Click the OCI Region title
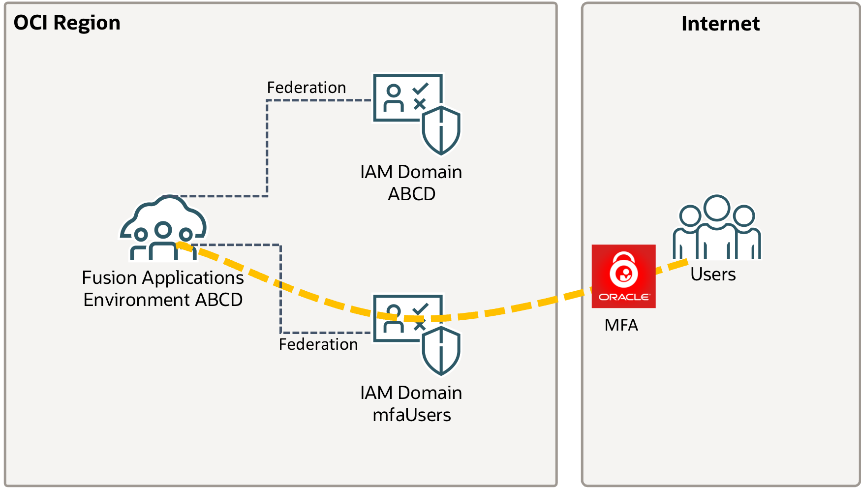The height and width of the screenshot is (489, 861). click(x=67, y=23)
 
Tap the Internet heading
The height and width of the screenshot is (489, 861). click(x=720, y=24)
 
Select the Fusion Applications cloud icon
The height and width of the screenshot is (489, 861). click(x=163, y=228)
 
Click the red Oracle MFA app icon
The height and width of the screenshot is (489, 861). click(x=623, y=276)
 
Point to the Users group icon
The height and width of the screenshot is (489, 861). click(x=717, y=227)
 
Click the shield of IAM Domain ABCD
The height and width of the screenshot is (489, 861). click(x=441, y=130)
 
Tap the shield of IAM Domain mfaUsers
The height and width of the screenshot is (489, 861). click(x=441, y=351)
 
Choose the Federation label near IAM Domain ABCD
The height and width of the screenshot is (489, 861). click(x=307, y=88)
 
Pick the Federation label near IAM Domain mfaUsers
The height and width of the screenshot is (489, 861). click(x=318, y=344)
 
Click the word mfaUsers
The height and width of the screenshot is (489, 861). click(x=412, y=415)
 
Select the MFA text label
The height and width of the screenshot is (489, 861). click(x=621, y=325)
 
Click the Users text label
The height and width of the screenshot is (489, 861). click(x=713, y=275)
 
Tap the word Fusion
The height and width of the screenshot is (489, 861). click(x=109, y=278)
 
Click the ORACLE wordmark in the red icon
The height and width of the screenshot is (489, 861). click(x=624, y=297)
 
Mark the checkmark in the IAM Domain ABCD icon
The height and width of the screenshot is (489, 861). click(x=420, y=89)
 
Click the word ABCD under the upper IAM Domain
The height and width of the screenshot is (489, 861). click(x=412, y=194)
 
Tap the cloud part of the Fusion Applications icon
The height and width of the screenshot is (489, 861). click(x=170, y=212)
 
